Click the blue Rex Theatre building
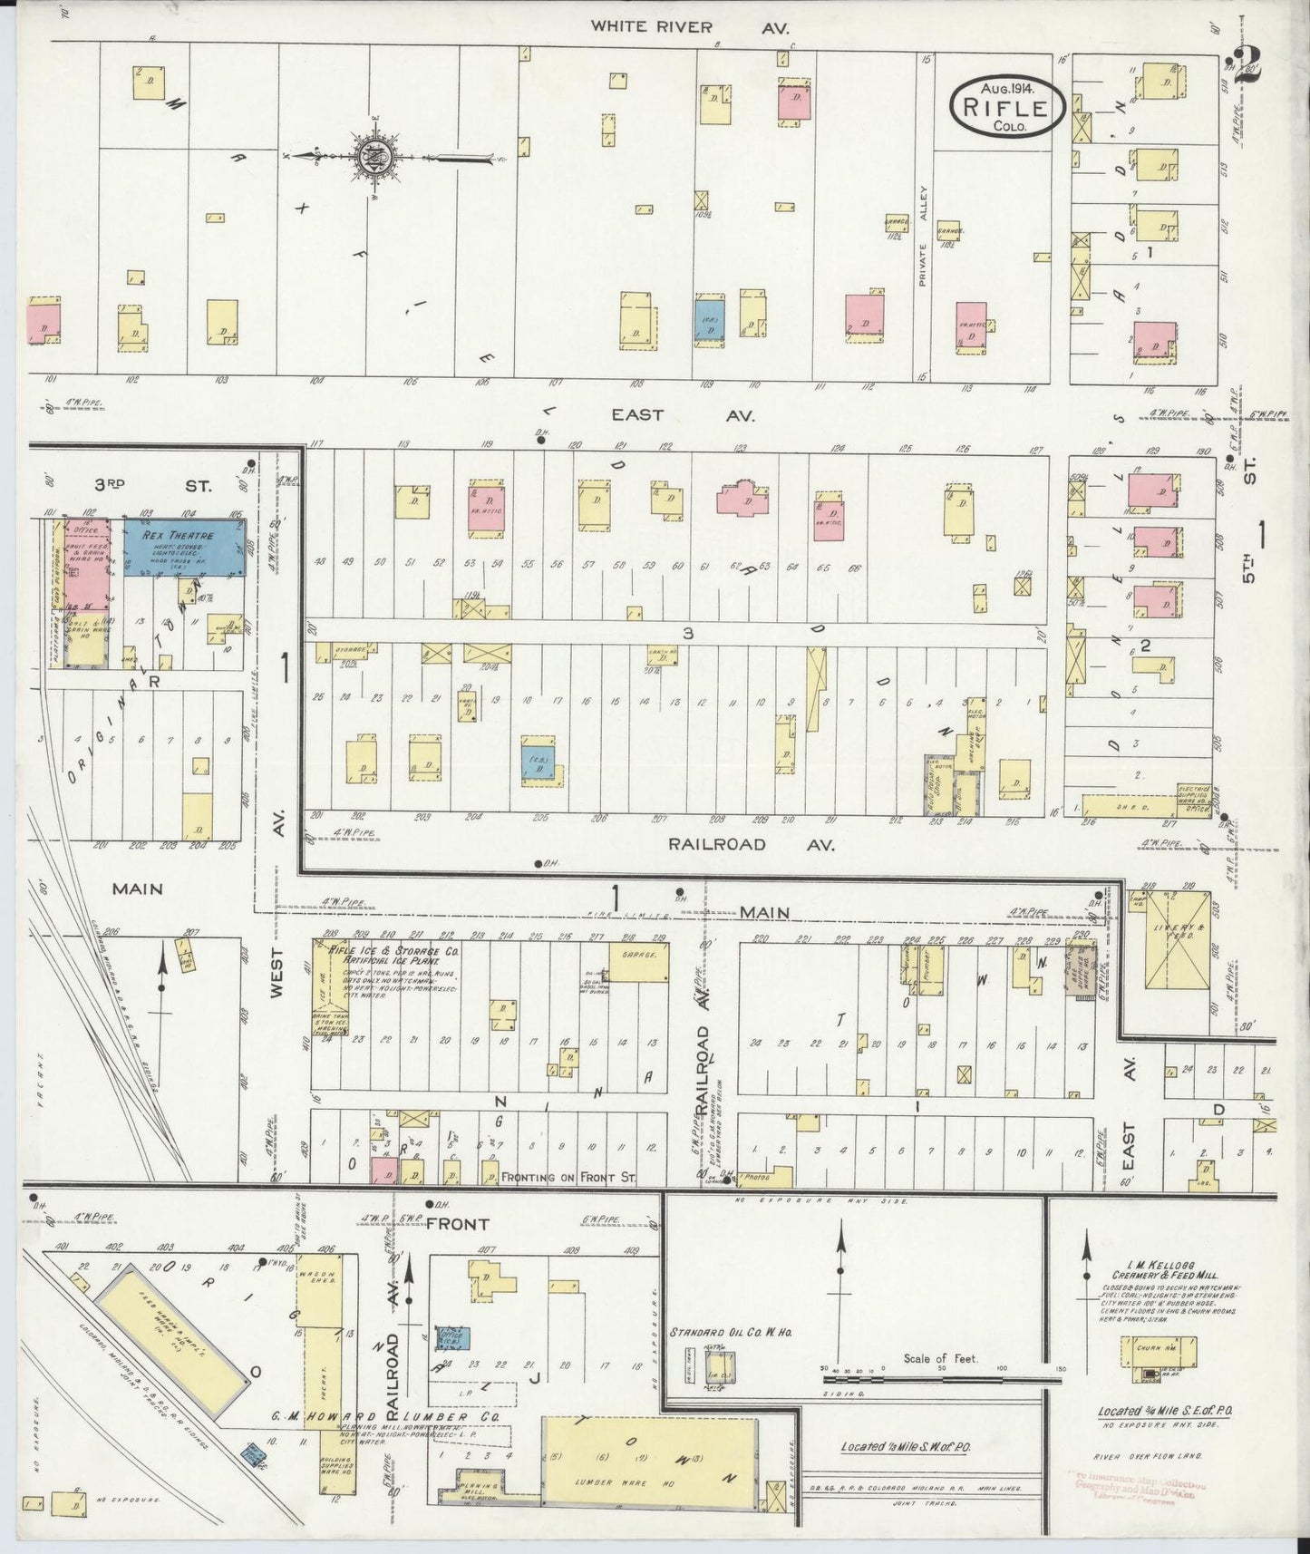click(185, 547)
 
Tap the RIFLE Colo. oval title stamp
click(1004, 108)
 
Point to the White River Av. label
click(689, 26)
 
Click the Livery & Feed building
click(1176, 938)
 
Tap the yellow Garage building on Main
click(638, 962)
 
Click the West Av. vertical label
click(278, 975)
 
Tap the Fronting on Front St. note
click(569, 1177)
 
